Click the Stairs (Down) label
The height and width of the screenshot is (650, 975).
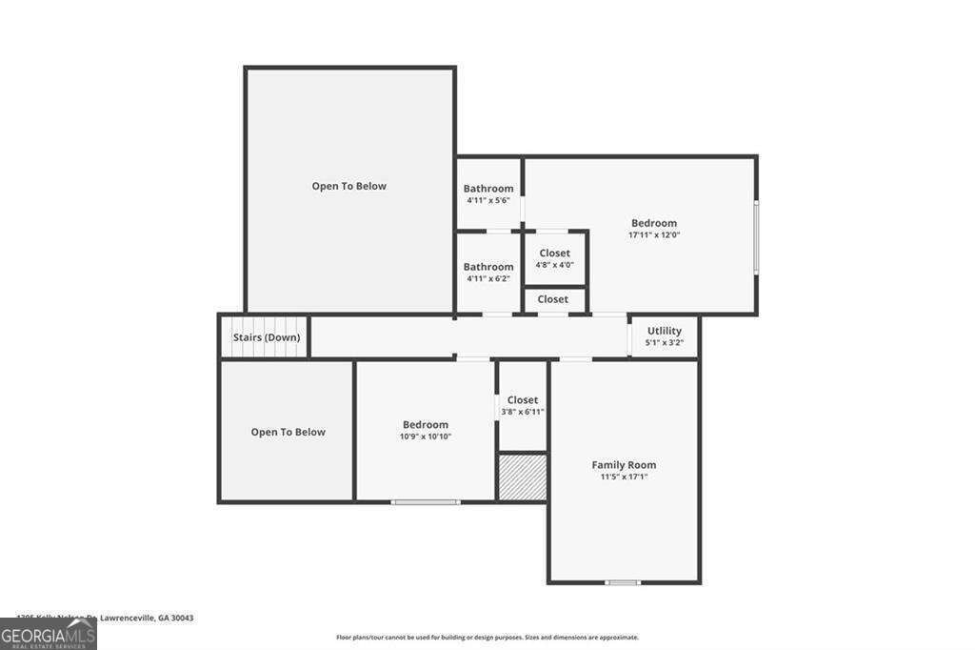click(x=267, y=337)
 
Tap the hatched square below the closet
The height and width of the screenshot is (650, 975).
click(x=523, y=477)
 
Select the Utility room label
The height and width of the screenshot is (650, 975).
click(x=664, y=331)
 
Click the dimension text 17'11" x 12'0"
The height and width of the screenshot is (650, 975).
click(x=653, y=234)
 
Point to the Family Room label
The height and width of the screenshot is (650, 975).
click(x=624, y=465)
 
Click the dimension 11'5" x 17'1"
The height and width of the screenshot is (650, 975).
click(x=624, y=477)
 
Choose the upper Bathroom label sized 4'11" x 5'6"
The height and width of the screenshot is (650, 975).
click(x=488, y=189)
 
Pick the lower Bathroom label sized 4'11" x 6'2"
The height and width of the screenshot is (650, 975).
click(x=488, y=267)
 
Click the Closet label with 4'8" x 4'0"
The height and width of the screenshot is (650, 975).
click(x=554, y=254)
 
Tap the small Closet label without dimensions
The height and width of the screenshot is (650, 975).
click(x=552, y=299)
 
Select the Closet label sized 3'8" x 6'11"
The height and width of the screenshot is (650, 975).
click(x=522, y=400)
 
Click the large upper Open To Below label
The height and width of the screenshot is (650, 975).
click(x=349, y=186)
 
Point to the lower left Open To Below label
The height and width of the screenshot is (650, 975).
click(x=288, y=432)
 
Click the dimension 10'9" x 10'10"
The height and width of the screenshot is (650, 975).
click(x=425, y=437)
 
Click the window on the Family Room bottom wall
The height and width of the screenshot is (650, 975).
click(x=623, y=582)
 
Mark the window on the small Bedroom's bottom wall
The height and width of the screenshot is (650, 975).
click(x=426, y=501)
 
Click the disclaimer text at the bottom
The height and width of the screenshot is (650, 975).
click(x=487, y=638)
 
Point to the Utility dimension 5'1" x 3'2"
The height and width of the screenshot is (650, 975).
click(x=664, y=342)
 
